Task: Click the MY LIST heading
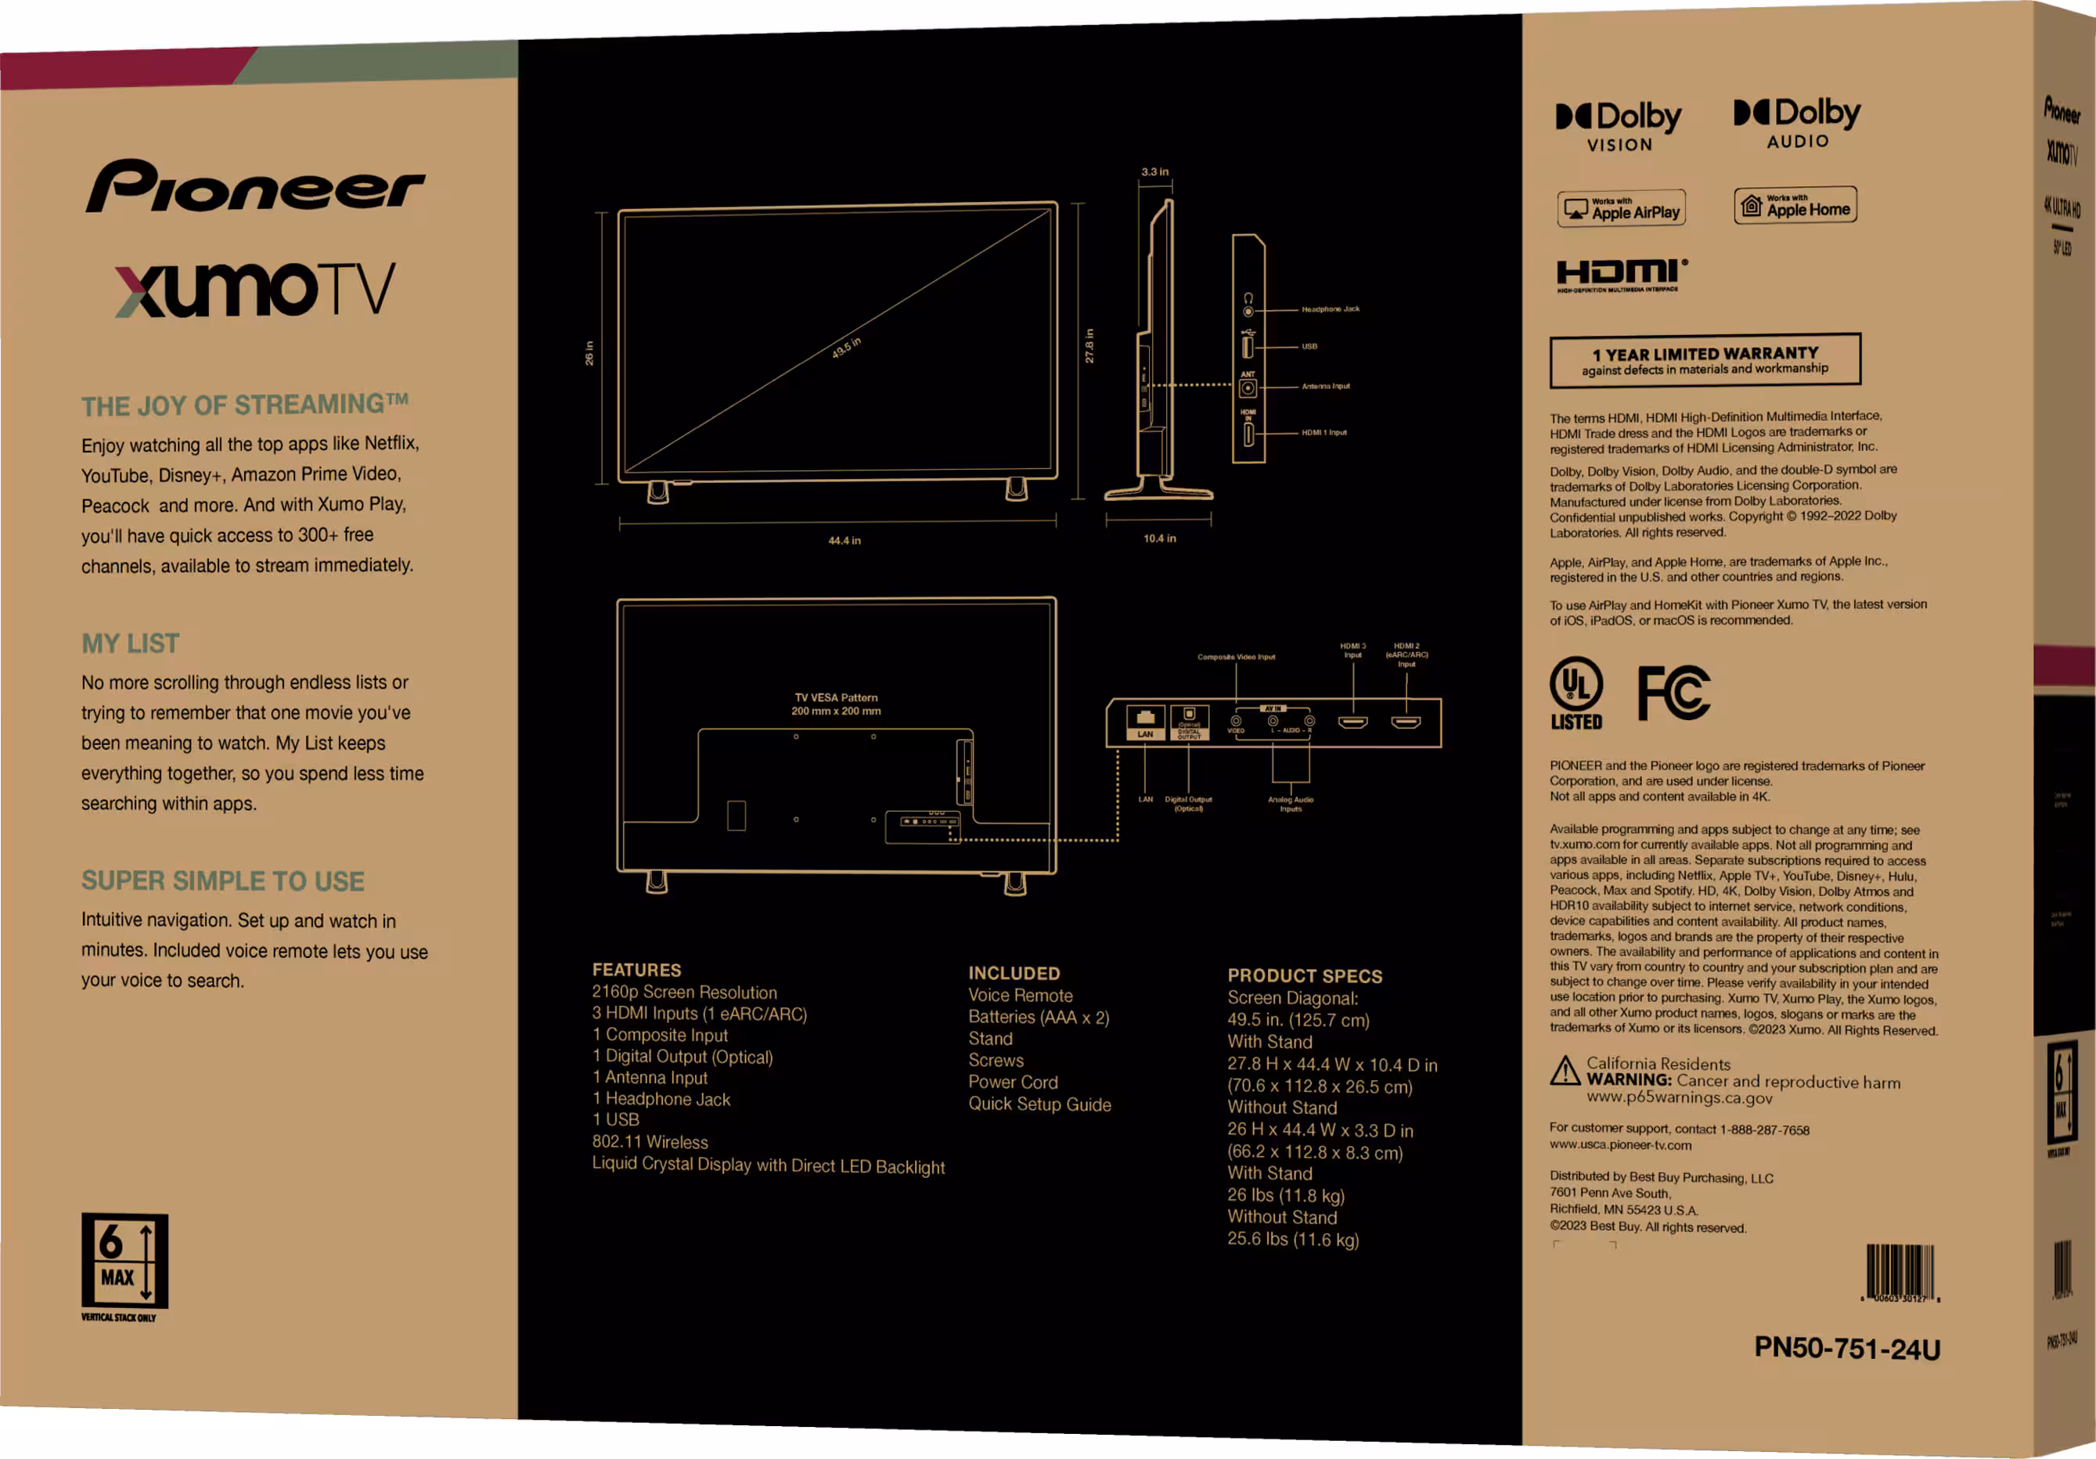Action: tap(131, 643)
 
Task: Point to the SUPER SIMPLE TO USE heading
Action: tap(223, 881)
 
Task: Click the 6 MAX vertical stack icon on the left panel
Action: tap(124, 1261)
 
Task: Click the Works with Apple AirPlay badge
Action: tap(1621, 209)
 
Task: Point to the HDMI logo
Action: tap(1621, 274)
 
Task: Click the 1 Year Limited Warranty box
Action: tap(1705, 360)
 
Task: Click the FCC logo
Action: tap(1673, 693)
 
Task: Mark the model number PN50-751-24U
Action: tap(1847, 1348)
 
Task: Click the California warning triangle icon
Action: tap(1565, 1071)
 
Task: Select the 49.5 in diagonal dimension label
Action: tap(846, 348)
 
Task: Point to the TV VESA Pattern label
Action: tap(836, 704)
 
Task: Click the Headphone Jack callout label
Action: tap(1330, 309)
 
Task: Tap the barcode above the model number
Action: tap(1900, 1272)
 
